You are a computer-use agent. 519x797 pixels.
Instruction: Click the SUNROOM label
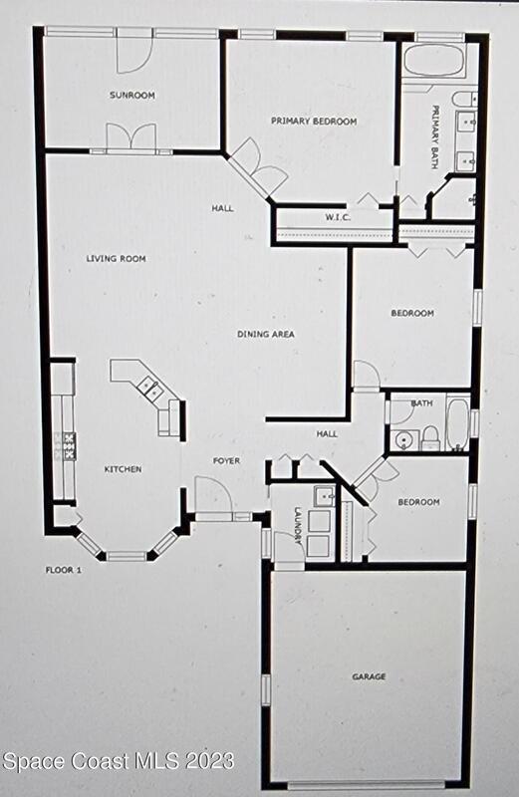[132, 95]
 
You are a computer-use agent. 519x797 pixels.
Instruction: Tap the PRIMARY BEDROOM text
[314, 121]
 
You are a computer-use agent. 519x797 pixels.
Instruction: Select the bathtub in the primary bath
[434, 61]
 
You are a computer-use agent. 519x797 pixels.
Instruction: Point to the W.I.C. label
[338, 217]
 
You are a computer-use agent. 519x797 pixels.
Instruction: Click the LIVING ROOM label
[116, 259]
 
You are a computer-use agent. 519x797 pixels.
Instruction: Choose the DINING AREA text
[266, 334]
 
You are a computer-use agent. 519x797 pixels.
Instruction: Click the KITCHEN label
[123, 469]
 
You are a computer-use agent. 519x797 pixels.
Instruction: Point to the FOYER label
[227, 461]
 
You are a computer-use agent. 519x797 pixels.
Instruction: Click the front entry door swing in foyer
[213, 494]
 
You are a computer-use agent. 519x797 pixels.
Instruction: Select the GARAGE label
[369, 676]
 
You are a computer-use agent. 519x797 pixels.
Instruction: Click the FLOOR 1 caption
[64, 570]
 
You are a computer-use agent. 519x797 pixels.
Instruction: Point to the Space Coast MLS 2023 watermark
[119, 761]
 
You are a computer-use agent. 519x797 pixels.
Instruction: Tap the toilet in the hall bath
[430, 438]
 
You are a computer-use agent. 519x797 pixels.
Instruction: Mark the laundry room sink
[325, 495]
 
